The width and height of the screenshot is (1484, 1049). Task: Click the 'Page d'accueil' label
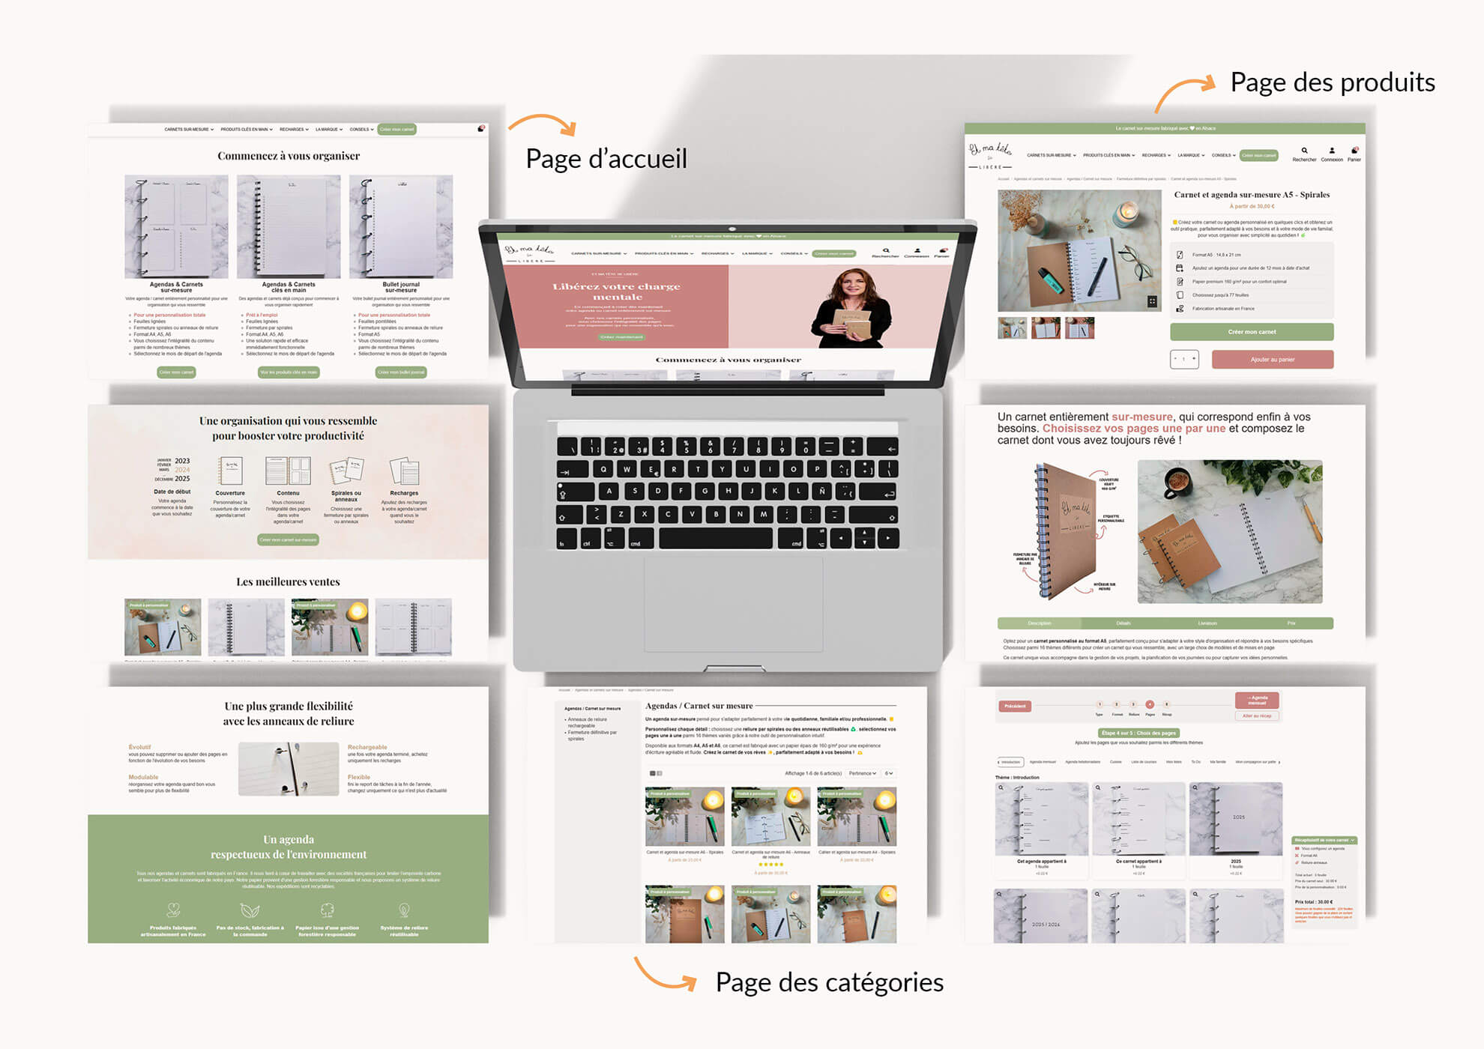[x=606, y=159]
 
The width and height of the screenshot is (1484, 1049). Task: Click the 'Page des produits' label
[x=1332, y=82]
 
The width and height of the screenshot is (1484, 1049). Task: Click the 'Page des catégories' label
[x=829, y=982]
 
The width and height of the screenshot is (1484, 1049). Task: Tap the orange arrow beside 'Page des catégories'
[x=665, y=975]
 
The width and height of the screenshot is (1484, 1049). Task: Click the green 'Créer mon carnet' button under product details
[x=1251, y=332]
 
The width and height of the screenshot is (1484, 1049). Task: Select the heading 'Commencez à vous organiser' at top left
[x=289, y=156]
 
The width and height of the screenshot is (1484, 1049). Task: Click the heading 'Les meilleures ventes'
[x=289, y=581]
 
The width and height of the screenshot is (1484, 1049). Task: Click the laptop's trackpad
[x=733, y=604]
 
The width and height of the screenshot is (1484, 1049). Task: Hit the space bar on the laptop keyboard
[x=715, y=538]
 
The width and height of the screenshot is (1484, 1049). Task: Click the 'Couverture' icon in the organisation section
[x=230, y=471]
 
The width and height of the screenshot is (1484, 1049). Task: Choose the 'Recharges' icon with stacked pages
[x=404, y=472]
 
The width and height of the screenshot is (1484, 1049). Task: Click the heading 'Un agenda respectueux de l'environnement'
[x=289, y=847]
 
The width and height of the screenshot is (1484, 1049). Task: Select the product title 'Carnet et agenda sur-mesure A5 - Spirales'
[x=1251, y=195]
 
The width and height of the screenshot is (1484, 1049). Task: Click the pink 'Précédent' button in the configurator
[x=1015, y=706]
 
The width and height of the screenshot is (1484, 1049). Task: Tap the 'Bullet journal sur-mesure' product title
[x=401, y=287]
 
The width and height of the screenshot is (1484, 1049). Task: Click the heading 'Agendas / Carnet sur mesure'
[x=699, y=706]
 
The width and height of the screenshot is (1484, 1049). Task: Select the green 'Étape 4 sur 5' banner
[x=1138, y=733]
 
